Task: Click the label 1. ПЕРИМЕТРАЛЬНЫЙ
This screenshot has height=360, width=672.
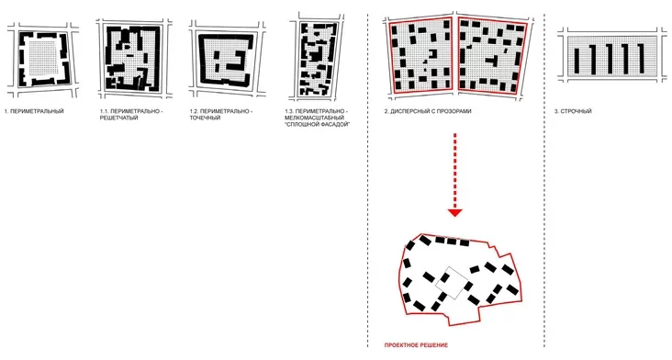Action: tap(34, 111)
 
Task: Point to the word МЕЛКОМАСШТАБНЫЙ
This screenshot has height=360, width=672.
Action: tap(314, 118)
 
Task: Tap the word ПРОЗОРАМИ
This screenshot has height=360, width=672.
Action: tap(454, 111)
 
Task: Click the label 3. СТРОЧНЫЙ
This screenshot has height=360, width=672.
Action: tap(573, 111)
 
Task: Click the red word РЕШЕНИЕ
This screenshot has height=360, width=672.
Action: tap(433, 345)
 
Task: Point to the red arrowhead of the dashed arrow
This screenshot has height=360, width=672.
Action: tap(454, 212)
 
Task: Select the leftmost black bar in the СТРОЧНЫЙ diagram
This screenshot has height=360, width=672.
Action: tap(577, 60)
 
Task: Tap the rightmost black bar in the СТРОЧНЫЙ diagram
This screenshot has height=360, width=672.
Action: tap(641, 58)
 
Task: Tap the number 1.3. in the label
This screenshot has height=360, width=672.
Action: tap(289, 111)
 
